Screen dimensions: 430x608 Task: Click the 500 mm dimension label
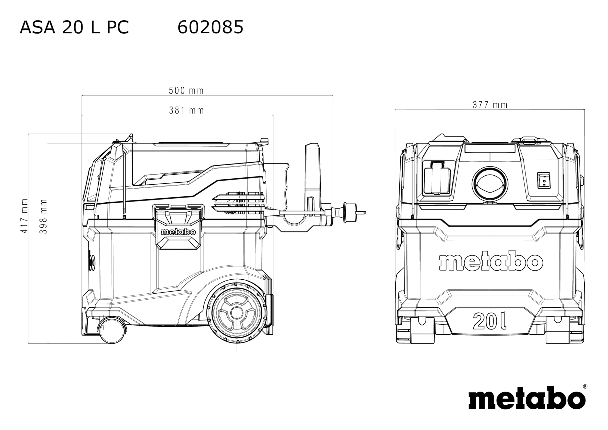[186, 91]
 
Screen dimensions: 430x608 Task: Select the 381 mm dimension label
[186, 110]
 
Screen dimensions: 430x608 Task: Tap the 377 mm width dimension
[490, 105]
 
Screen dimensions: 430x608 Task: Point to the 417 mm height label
[24, 216]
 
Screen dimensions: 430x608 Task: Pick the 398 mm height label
[43, 216]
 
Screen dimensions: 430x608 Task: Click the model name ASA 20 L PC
[74, 27]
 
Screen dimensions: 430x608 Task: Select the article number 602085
[210, 27]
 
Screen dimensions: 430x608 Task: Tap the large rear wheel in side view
[236, 313]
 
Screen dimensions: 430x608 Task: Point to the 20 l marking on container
[489, 321]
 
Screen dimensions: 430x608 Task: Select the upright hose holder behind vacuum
[312, 175]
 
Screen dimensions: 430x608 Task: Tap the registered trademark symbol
[585, 387]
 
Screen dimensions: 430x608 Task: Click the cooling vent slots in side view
[238, 203]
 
